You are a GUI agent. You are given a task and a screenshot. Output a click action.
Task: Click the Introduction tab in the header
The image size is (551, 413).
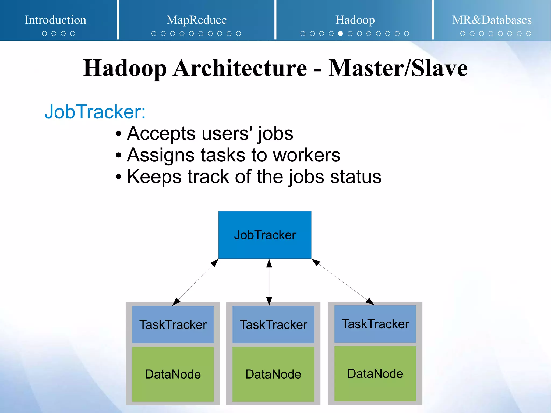tap(55, 20)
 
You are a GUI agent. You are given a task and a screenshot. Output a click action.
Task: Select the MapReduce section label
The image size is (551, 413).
tap(196, 20)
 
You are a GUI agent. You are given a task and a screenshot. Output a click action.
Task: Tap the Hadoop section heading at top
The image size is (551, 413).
tap(355, 20)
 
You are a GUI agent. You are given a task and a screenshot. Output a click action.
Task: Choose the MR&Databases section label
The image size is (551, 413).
tap(492, 20)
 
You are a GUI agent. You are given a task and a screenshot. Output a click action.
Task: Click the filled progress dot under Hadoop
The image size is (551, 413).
tap(341, 34)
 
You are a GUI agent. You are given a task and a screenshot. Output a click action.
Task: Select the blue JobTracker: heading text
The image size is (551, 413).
tap(95, 112)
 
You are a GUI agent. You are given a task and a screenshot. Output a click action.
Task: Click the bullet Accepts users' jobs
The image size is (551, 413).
tap(210, 133)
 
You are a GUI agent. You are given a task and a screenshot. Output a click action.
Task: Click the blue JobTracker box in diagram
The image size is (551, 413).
tap(265, 235)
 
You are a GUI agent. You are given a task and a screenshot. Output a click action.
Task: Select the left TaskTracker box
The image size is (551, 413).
tap(173, 324)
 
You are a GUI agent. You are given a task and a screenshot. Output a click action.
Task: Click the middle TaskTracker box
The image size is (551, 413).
tap(273, 324)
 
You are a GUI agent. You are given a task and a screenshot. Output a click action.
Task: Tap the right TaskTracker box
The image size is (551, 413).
tap(375, 324)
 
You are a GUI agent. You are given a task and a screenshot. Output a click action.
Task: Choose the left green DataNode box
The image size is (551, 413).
tap(173, 374)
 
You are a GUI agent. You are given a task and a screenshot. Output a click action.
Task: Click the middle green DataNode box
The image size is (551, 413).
tap(273, 374)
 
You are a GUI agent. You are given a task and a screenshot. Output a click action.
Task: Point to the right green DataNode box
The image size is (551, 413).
tap(375, 374)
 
